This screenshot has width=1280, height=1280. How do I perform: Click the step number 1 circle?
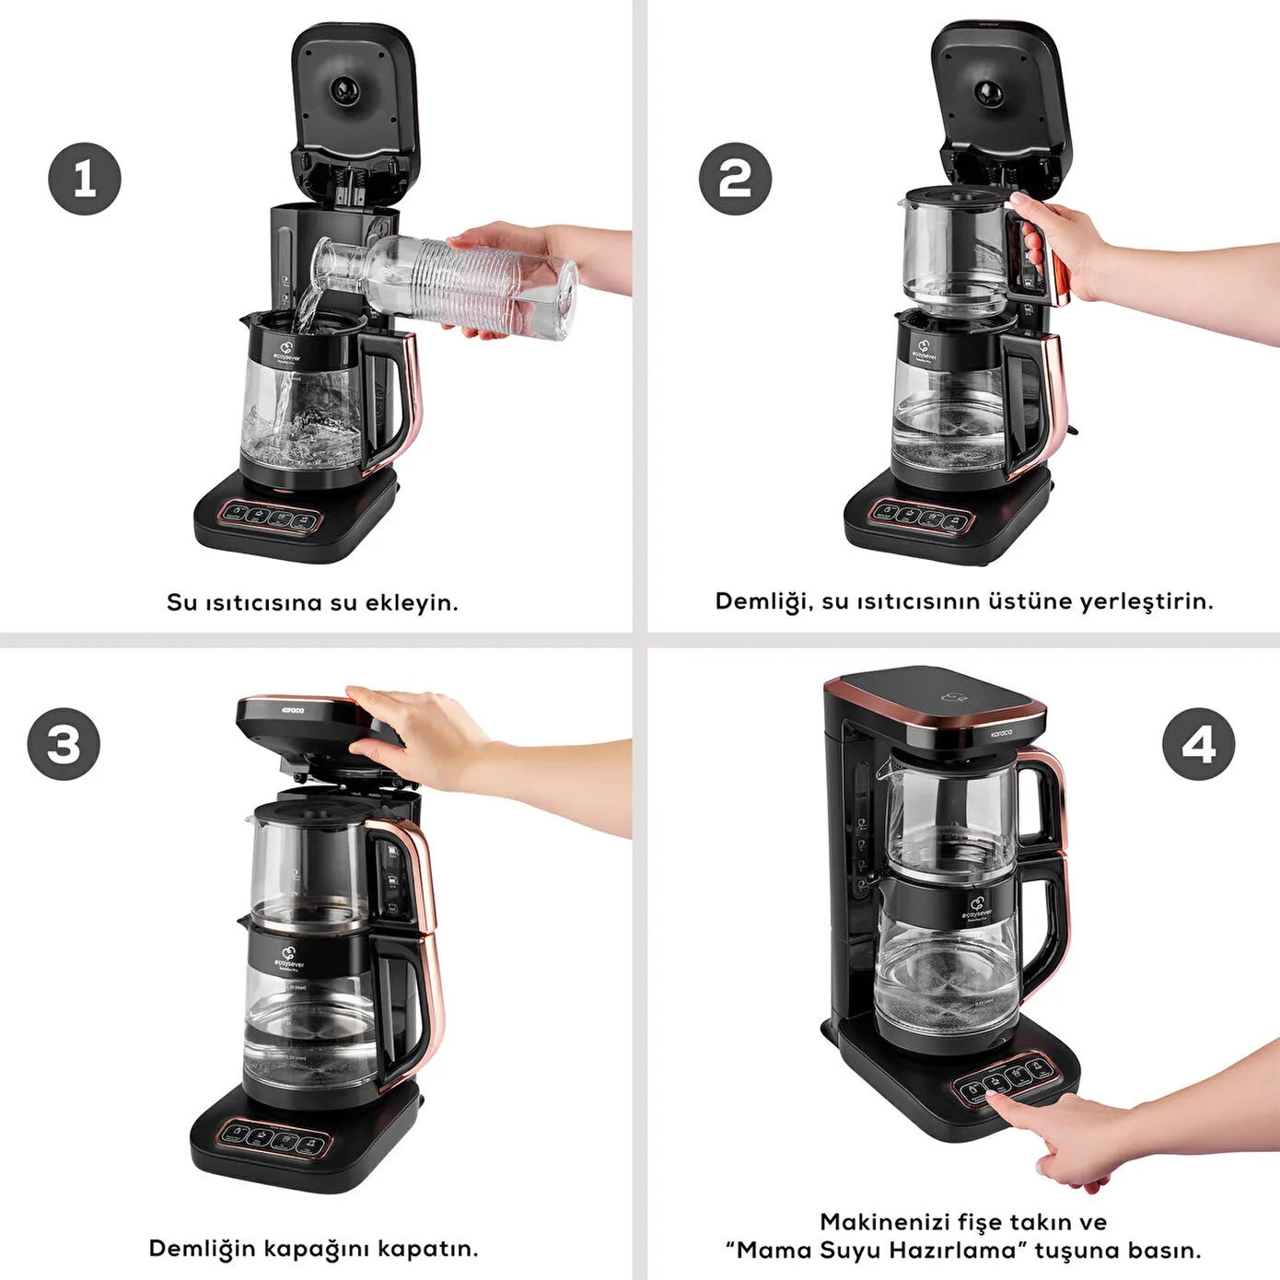[85, 179]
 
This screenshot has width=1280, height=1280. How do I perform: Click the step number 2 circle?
[735, 179]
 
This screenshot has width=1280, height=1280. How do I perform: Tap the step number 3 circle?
[64, 744]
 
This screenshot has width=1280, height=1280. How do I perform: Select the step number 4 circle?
[1198, 744]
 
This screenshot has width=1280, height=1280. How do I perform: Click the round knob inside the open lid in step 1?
[345, 90]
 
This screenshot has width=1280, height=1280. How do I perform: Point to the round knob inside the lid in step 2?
[989, 93]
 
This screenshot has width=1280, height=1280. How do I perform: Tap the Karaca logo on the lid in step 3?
[293, 711]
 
